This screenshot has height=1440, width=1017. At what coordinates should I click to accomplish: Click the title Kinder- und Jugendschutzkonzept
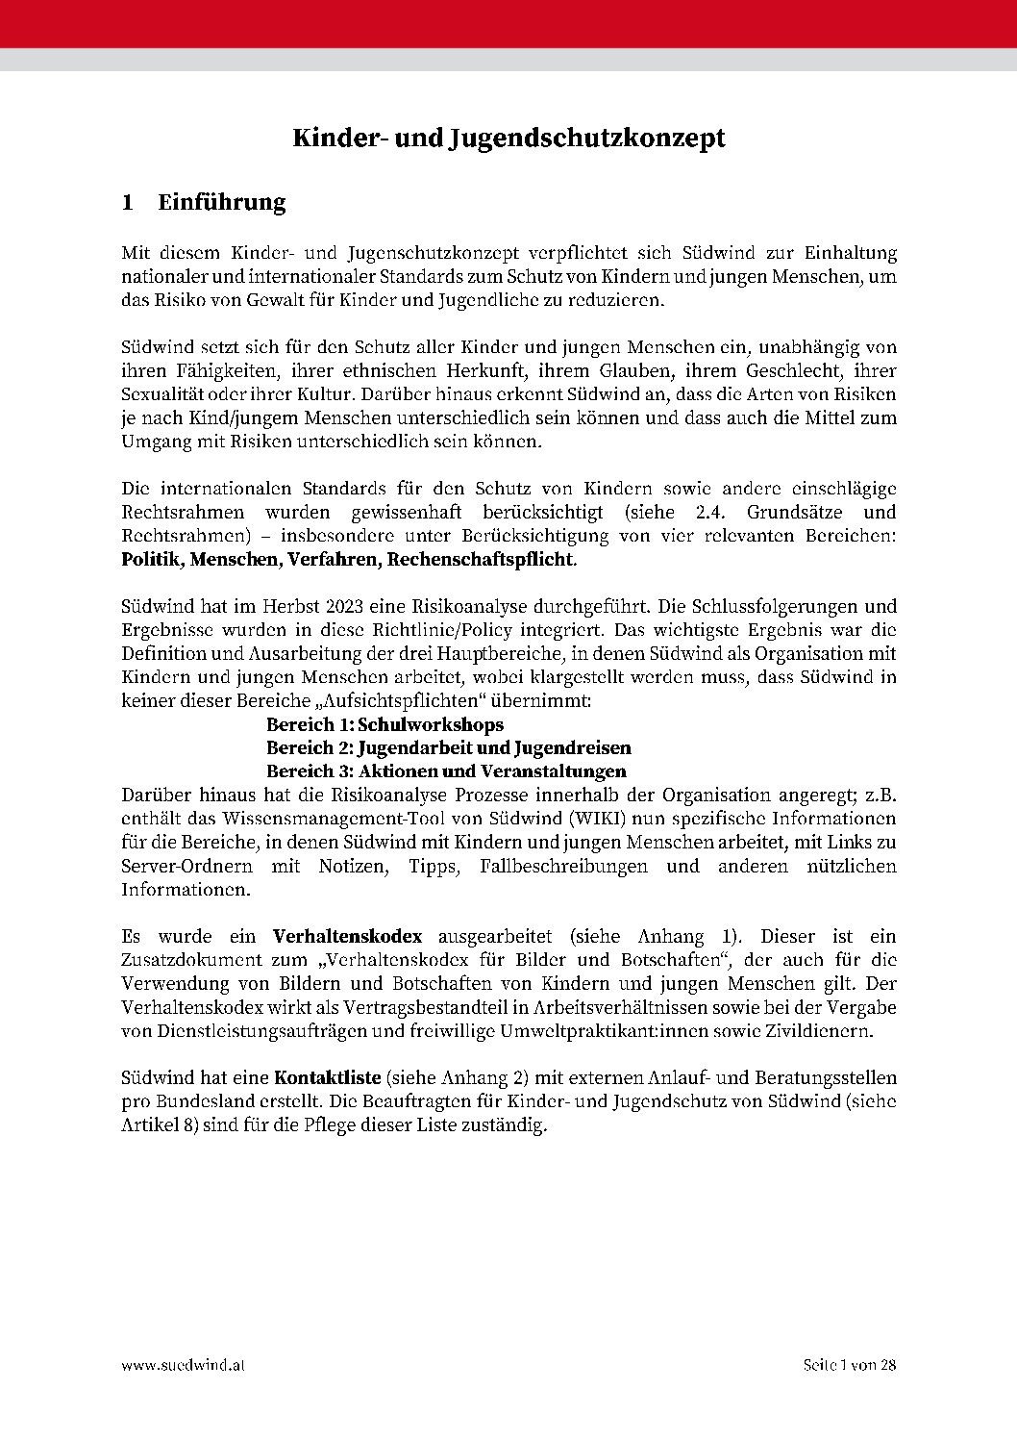pyautogui.click(x=508, y=139)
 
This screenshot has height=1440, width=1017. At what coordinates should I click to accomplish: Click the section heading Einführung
pyautogui.click(x=222, y=202)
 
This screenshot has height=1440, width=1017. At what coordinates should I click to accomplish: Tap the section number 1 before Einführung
pyautogui.click(x=127, y=202)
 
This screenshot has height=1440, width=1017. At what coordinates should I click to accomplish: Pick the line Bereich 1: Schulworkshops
pyautogui.click(x=384, y=724)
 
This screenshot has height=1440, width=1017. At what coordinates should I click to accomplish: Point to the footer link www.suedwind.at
pyautogui.click(x=183, y=1365)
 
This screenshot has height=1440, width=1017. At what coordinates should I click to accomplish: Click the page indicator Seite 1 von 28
pyautogui.click(x=849, y=1365)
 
